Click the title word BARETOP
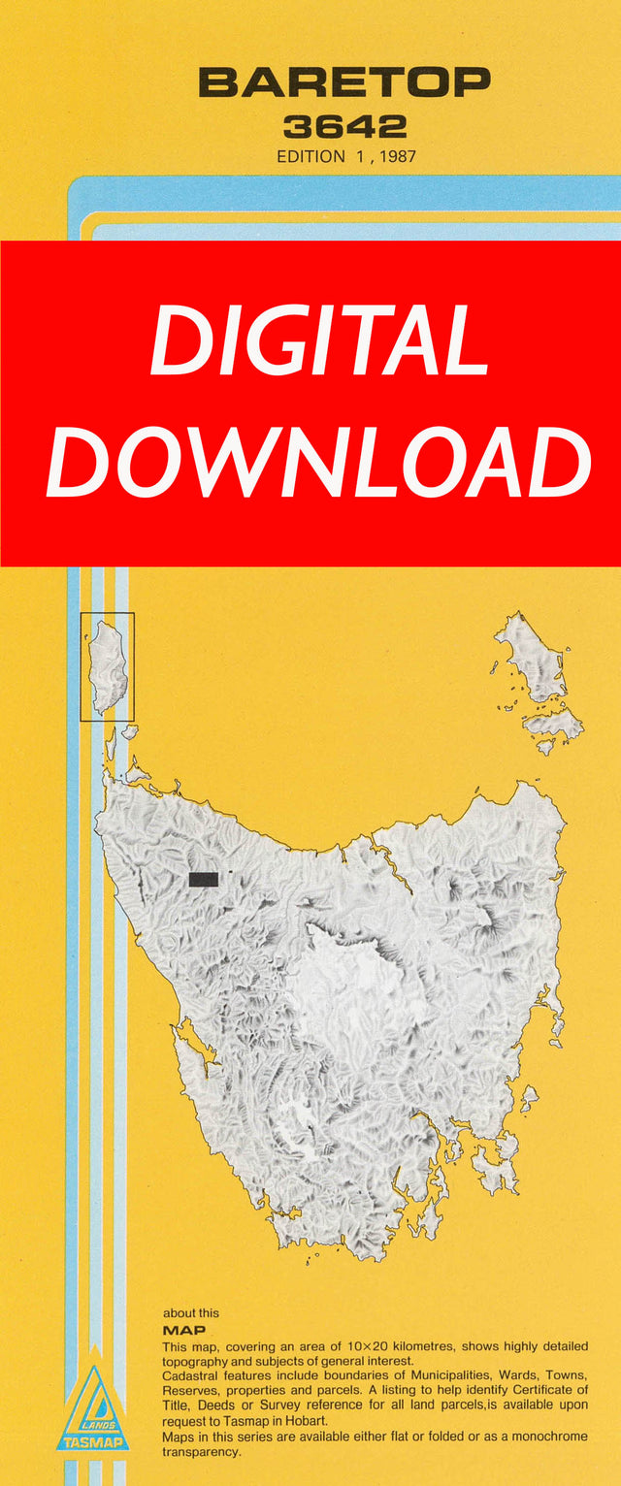[344, 82]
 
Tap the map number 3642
[344, 126]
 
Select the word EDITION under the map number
[310, 156]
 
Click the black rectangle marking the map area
[203, 879]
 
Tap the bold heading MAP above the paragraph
[183, 1331]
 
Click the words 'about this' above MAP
[191, 1313]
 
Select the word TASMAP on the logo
[93, 1442]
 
